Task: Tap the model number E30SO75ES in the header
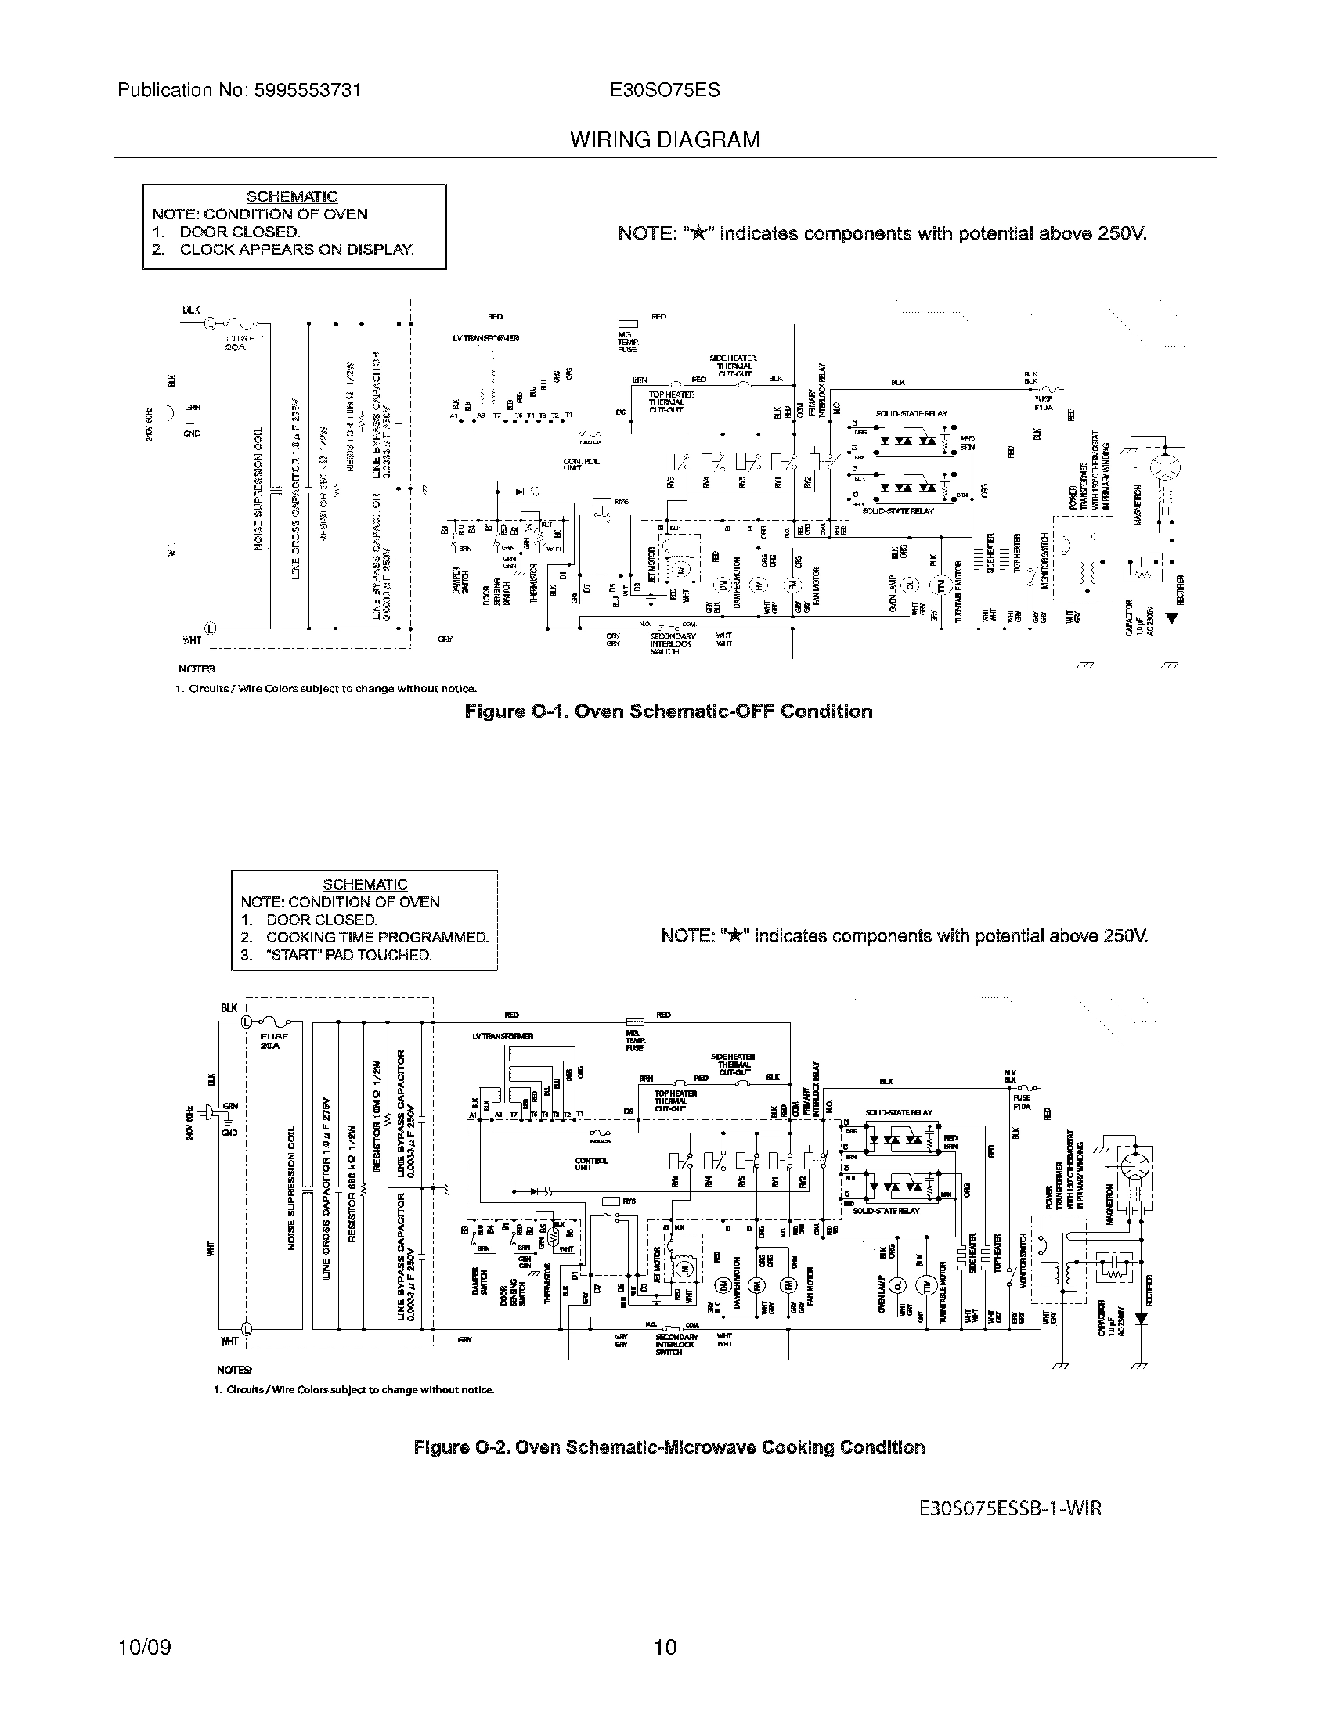point(665,90)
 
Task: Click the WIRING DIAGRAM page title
point(665,140)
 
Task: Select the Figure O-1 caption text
point(669,711)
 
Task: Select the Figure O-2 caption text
point(669,1447)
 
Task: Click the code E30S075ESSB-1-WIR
point(1010,1508)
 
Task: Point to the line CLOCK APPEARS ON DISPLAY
point(296,250)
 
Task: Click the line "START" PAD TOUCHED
point(348,955)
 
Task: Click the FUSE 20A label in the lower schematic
point(273,1041)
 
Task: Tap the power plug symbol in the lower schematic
point(209,1111)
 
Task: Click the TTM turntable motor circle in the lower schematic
point(925,1286)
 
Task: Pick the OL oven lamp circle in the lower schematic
point(897,1286)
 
